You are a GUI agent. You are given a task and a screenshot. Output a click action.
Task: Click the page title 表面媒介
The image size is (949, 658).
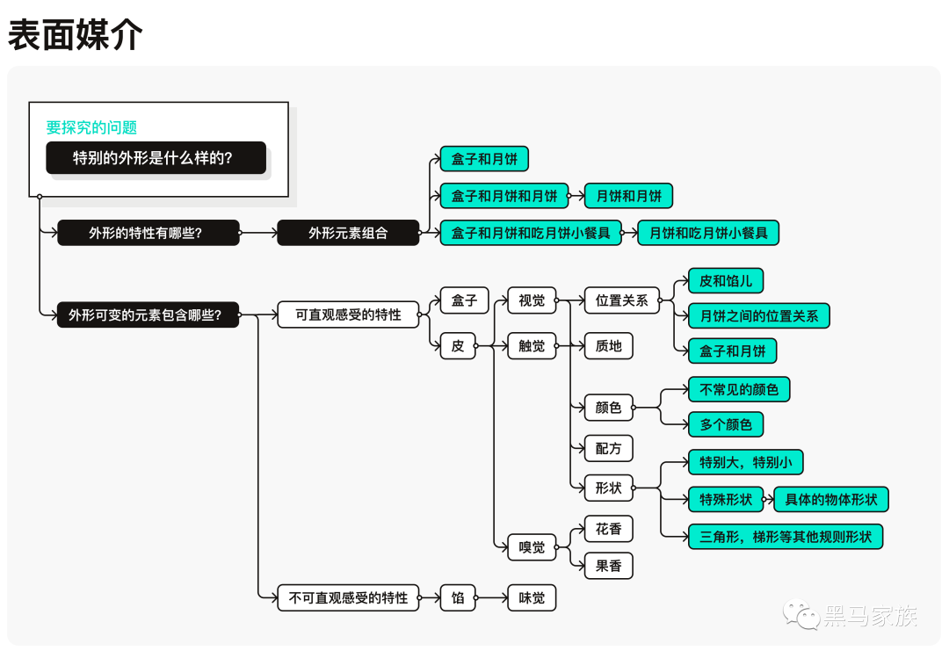[75, 35]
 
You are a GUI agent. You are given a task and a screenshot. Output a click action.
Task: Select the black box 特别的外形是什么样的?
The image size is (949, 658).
[156, 158]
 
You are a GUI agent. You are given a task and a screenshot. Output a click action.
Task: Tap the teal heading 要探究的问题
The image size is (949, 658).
[91, 127]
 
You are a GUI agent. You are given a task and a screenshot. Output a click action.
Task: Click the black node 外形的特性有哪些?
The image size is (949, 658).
[149, 233]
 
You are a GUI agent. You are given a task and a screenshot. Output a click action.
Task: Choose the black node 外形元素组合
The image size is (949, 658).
[348, 233]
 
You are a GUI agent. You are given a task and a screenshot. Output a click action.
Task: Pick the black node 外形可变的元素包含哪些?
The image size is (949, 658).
[149, 315]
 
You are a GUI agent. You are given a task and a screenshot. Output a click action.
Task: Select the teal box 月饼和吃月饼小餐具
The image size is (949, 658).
[708, 233]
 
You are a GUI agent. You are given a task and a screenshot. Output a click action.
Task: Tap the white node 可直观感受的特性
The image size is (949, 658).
[348, 315]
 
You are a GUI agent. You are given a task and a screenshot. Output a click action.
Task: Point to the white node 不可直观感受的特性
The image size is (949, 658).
[348, 598]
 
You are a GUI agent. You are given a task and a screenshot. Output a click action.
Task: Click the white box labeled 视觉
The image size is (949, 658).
[532, 300]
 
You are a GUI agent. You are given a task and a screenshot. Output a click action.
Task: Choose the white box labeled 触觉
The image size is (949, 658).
[532, 346]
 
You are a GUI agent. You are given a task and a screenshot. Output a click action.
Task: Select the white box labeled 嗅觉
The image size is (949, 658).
[532, 547]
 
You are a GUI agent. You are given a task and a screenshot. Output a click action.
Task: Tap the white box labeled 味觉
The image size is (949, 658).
[532, 598]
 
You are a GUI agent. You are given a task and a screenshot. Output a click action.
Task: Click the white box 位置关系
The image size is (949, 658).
[621, 300]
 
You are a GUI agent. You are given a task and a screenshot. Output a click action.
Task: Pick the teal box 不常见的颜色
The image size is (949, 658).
[739, 389]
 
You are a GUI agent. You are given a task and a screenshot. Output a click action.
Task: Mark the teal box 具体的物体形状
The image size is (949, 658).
[831, 500]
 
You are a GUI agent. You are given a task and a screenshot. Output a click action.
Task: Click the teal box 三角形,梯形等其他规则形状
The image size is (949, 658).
[786, 537]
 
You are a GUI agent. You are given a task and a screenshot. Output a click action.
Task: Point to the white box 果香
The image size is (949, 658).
[608, 566]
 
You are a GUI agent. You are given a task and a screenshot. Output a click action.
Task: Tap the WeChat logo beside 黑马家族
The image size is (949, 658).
[801, 614]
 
